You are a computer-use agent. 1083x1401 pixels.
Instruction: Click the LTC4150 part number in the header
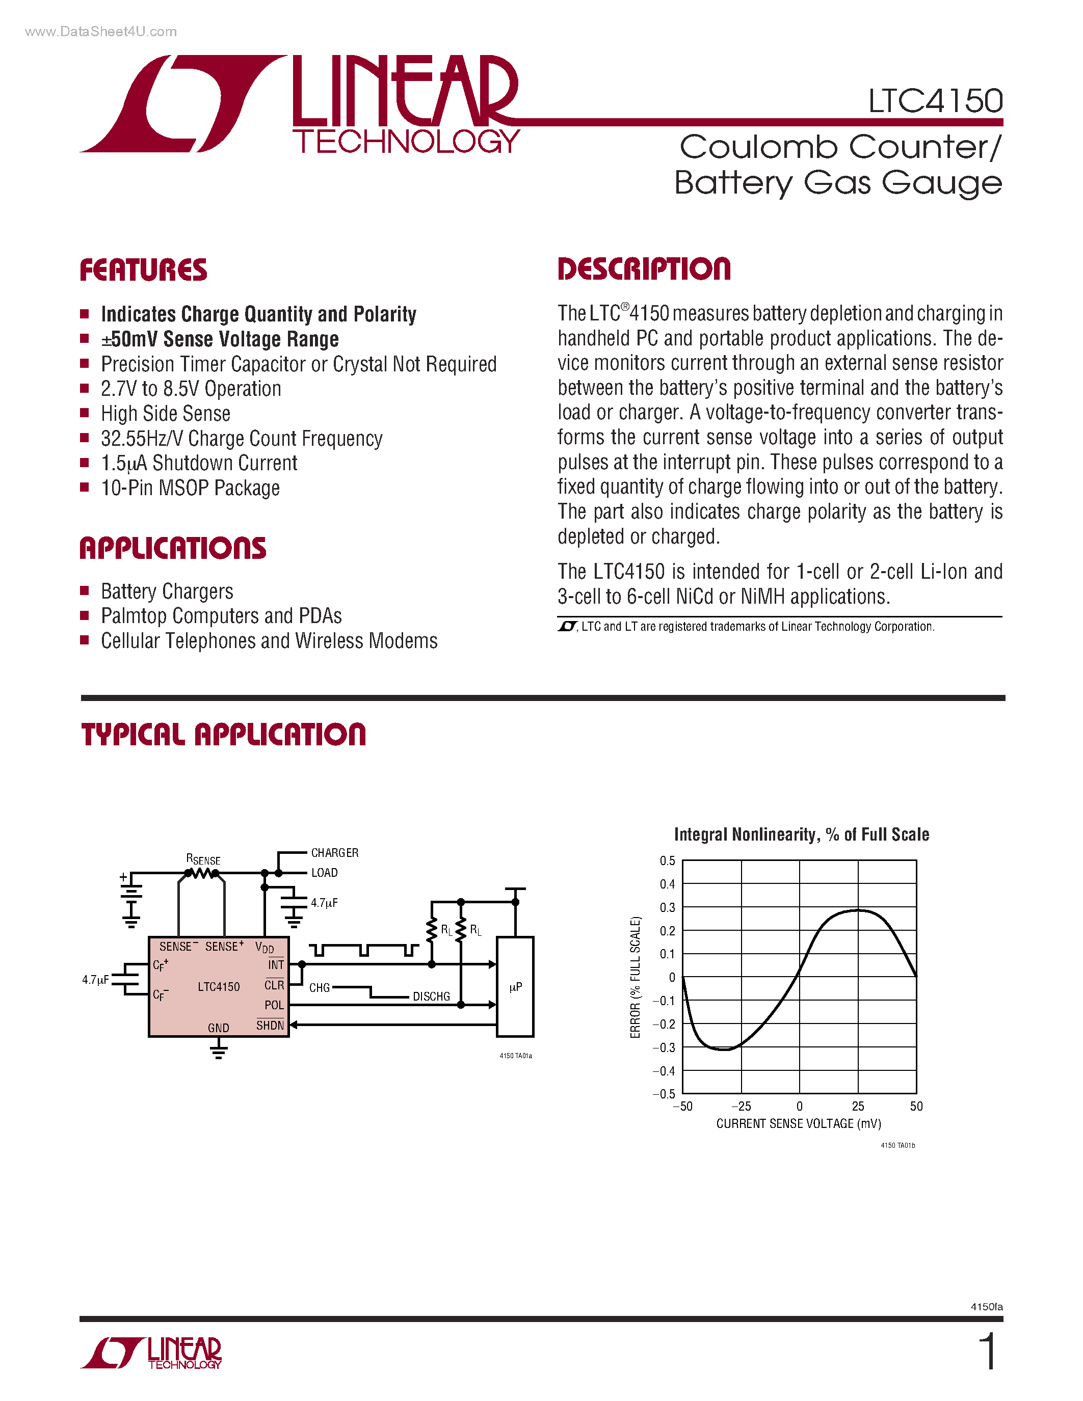935,101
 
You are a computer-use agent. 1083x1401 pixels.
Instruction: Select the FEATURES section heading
143,270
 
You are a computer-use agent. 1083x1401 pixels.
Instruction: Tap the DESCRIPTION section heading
644,269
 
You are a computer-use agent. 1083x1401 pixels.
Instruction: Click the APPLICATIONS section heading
173,549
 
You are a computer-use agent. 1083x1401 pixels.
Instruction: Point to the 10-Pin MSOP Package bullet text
190,488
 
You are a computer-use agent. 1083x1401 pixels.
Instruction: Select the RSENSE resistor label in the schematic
203,859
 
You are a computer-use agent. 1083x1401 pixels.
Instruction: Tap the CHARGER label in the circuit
334,852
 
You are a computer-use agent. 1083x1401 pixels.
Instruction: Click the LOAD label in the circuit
324,872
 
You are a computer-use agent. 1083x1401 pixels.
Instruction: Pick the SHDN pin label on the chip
270,1025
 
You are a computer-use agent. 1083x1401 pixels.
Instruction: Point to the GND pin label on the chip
218,1028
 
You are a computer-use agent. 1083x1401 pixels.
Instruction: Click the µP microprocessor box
515,987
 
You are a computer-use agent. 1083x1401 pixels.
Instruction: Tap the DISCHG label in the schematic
431,996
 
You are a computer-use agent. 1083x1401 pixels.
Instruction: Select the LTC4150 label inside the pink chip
218,987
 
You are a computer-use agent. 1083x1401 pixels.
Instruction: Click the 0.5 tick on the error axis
667,861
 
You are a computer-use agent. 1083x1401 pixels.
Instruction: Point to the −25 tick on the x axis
741,1106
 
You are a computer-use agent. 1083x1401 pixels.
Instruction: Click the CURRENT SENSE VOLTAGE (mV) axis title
798,1123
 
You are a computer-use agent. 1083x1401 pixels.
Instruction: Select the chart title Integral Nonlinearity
801,834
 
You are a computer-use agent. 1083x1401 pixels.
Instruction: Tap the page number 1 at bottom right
989,1352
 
